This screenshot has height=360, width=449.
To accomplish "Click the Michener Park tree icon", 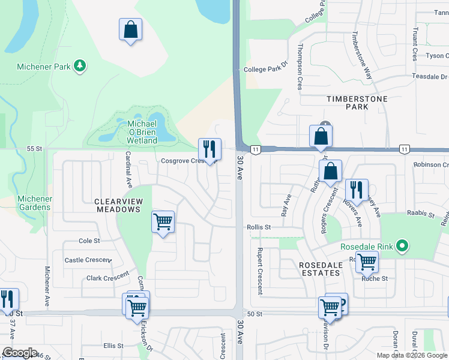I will (x=79, y=66).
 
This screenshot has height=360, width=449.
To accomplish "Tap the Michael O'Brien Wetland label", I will (x=142, y=132).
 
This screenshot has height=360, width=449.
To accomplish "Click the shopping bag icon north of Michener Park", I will (x=130, y=29).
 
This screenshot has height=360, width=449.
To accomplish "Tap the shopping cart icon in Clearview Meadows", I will (x=163, y=222).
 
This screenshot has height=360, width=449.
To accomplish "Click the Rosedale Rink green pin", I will (x=403, y=246).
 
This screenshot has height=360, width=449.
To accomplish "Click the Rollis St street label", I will (x=259, y=227).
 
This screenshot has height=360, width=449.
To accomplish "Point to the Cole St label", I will (x=89, y=241).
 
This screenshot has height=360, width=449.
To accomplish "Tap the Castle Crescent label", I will (x=88, y=260).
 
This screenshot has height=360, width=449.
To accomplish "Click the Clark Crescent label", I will (x=107, y=277).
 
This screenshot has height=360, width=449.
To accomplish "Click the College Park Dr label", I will (x=267, y=70).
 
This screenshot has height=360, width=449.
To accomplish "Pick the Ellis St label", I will (x=113, y=346).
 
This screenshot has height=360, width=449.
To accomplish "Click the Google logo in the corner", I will (x=20, y=353).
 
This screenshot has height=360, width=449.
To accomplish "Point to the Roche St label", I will (x=375, y=278).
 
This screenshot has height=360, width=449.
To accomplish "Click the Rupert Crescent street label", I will (x=260, y=271).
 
